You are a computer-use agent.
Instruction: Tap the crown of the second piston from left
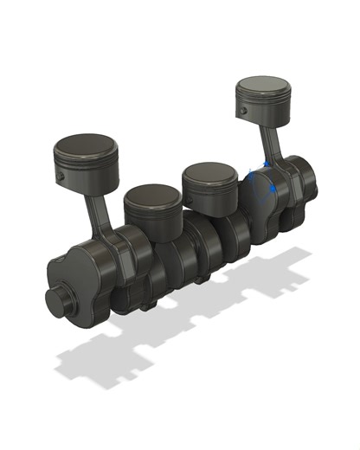tap(153, 196)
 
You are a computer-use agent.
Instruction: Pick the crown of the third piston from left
tap(209, 173)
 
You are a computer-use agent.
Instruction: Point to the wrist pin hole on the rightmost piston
tap(246, 111)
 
